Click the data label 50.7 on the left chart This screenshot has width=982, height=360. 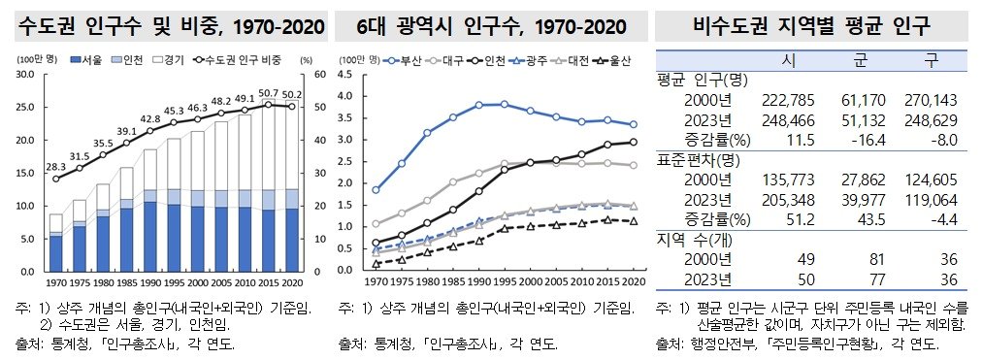point(270,93)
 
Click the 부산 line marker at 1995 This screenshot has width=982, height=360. point(504,104)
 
